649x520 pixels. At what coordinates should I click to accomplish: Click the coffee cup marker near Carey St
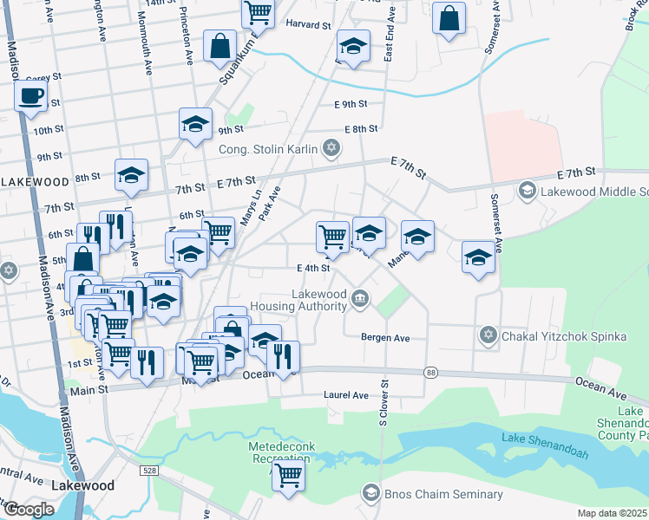31,96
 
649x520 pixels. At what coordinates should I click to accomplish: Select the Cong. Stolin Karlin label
268,149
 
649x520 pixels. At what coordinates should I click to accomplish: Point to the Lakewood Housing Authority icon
360,300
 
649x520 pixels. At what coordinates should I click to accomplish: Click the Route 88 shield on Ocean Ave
431,373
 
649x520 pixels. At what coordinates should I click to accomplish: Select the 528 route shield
149,469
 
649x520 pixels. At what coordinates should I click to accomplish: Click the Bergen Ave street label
385,337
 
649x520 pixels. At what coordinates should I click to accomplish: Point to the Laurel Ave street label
346,395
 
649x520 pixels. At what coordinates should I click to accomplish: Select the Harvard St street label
309,25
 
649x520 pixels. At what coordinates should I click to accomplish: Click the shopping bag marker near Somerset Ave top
449,21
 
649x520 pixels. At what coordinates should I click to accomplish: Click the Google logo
29,509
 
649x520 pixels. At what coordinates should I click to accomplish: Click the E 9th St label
351,104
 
